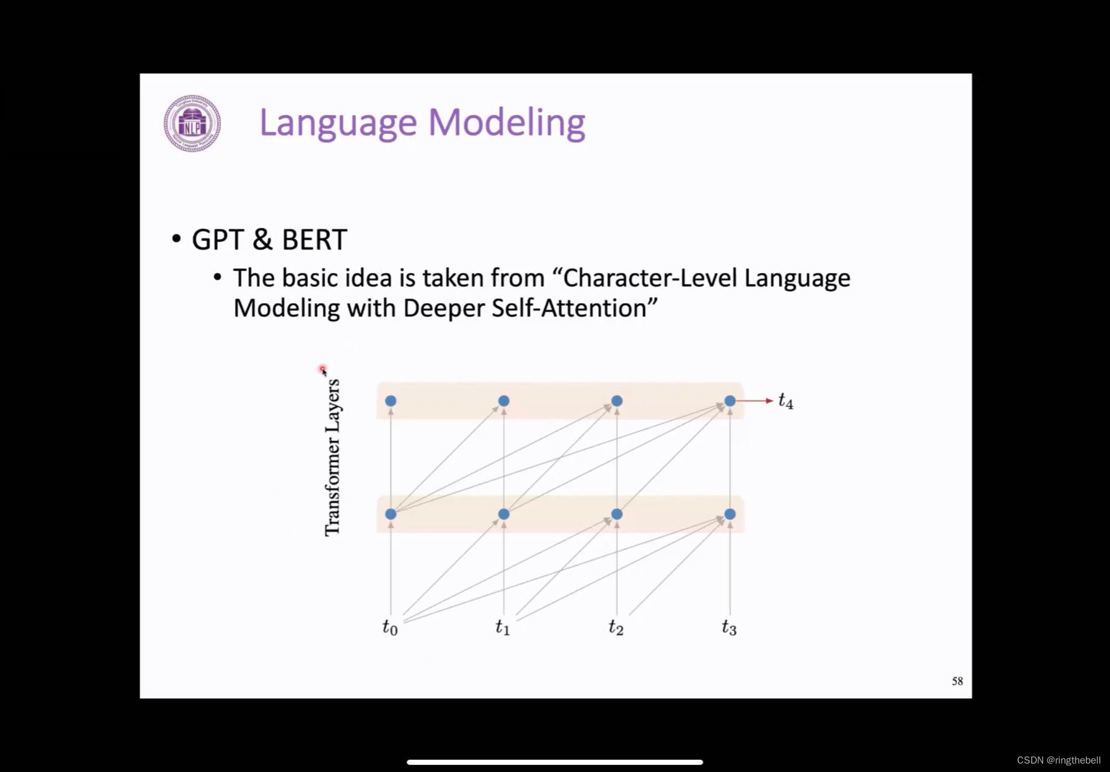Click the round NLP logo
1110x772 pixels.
[x=192, y=123]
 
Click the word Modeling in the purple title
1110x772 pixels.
[x=506, y=122]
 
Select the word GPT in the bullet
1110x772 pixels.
[x=218, y=239]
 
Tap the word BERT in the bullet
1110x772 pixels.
[x=314, y=239]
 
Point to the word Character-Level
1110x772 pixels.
[x=650, y=278]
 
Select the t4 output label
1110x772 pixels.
[x=786, y=401]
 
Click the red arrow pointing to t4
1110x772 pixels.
[x=754, y=400]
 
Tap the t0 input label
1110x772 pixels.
[x=390, y=628]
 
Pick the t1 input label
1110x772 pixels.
[x=503, y=628]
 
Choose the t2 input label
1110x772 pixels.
[x=616, y=628]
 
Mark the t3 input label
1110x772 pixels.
[x=729, y=628]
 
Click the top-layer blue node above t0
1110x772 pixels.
[x=391, y=401]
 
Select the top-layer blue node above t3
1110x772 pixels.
[x=730, y=401]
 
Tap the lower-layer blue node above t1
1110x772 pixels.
[x=504, y=514]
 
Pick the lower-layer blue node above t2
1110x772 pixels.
[x=617, y=514]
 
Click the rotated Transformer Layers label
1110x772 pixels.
[x=333, y=457]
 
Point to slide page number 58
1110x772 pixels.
[x=957, y=682]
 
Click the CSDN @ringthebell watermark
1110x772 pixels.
[x=1058, y=760]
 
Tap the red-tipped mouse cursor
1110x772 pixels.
[x=324, y=370]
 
